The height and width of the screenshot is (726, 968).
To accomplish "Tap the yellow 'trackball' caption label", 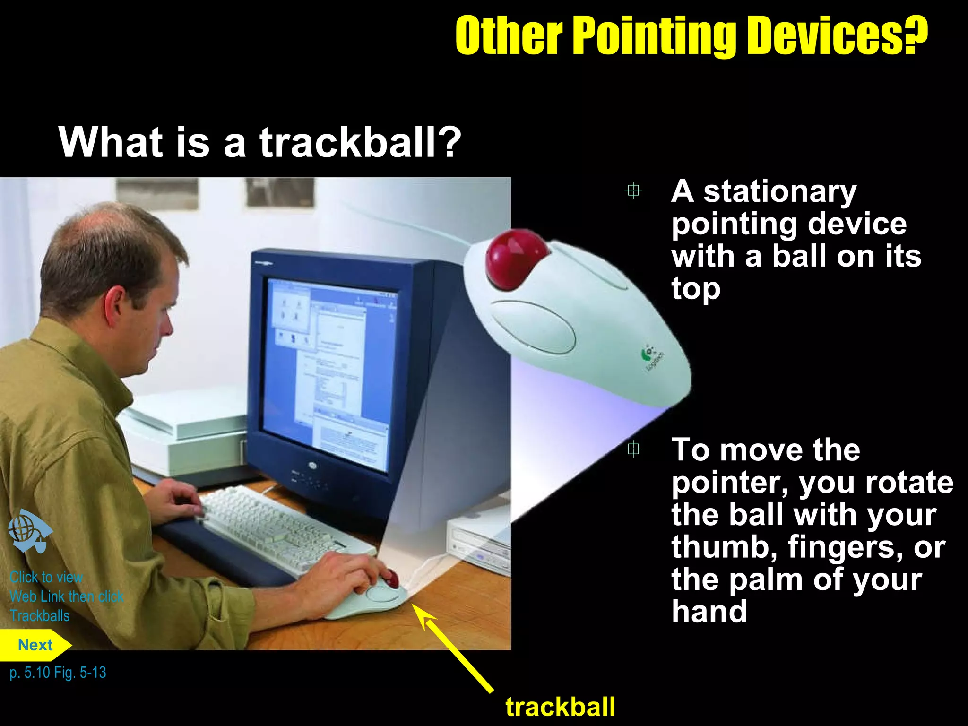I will point(560,707).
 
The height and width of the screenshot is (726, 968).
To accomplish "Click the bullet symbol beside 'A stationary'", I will point(633,190).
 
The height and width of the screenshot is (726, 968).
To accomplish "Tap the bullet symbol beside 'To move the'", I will point(633,449).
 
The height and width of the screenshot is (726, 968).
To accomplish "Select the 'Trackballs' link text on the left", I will point(40,616).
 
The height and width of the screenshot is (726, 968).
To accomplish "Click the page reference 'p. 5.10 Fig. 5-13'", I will point(58,672).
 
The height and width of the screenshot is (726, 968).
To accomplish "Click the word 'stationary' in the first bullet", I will point(780,191).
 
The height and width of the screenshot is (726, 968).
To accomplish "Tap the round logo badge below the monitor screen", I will point(312,465).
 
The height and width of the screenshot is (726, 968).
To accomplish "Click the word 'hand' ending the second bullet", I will point(709,611).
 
